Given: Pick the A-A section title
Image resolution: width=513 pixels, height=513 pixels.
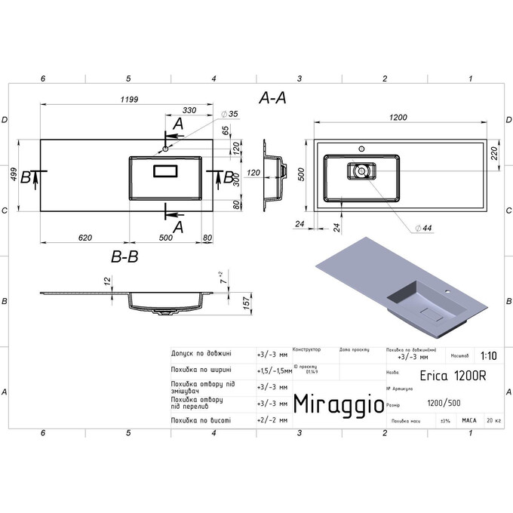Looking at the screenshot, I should tap(272, 98).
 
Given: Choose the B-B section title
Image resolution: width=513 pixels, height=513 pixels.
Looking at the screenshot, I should tap(124, 257).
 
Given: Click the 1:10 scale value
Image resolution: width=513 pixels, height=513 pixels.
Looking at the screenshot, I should tap(487, 356).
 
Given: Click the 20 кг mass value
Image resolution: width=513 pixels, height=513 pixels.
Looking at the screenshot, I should tap(493, 420).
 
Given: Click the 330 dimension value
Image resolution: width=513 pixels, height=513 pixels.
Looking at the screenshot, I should tap(189, 111).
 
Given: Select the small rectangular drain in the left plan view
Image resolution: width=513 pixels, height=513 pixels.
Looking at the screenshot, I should tap(165, 172).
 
